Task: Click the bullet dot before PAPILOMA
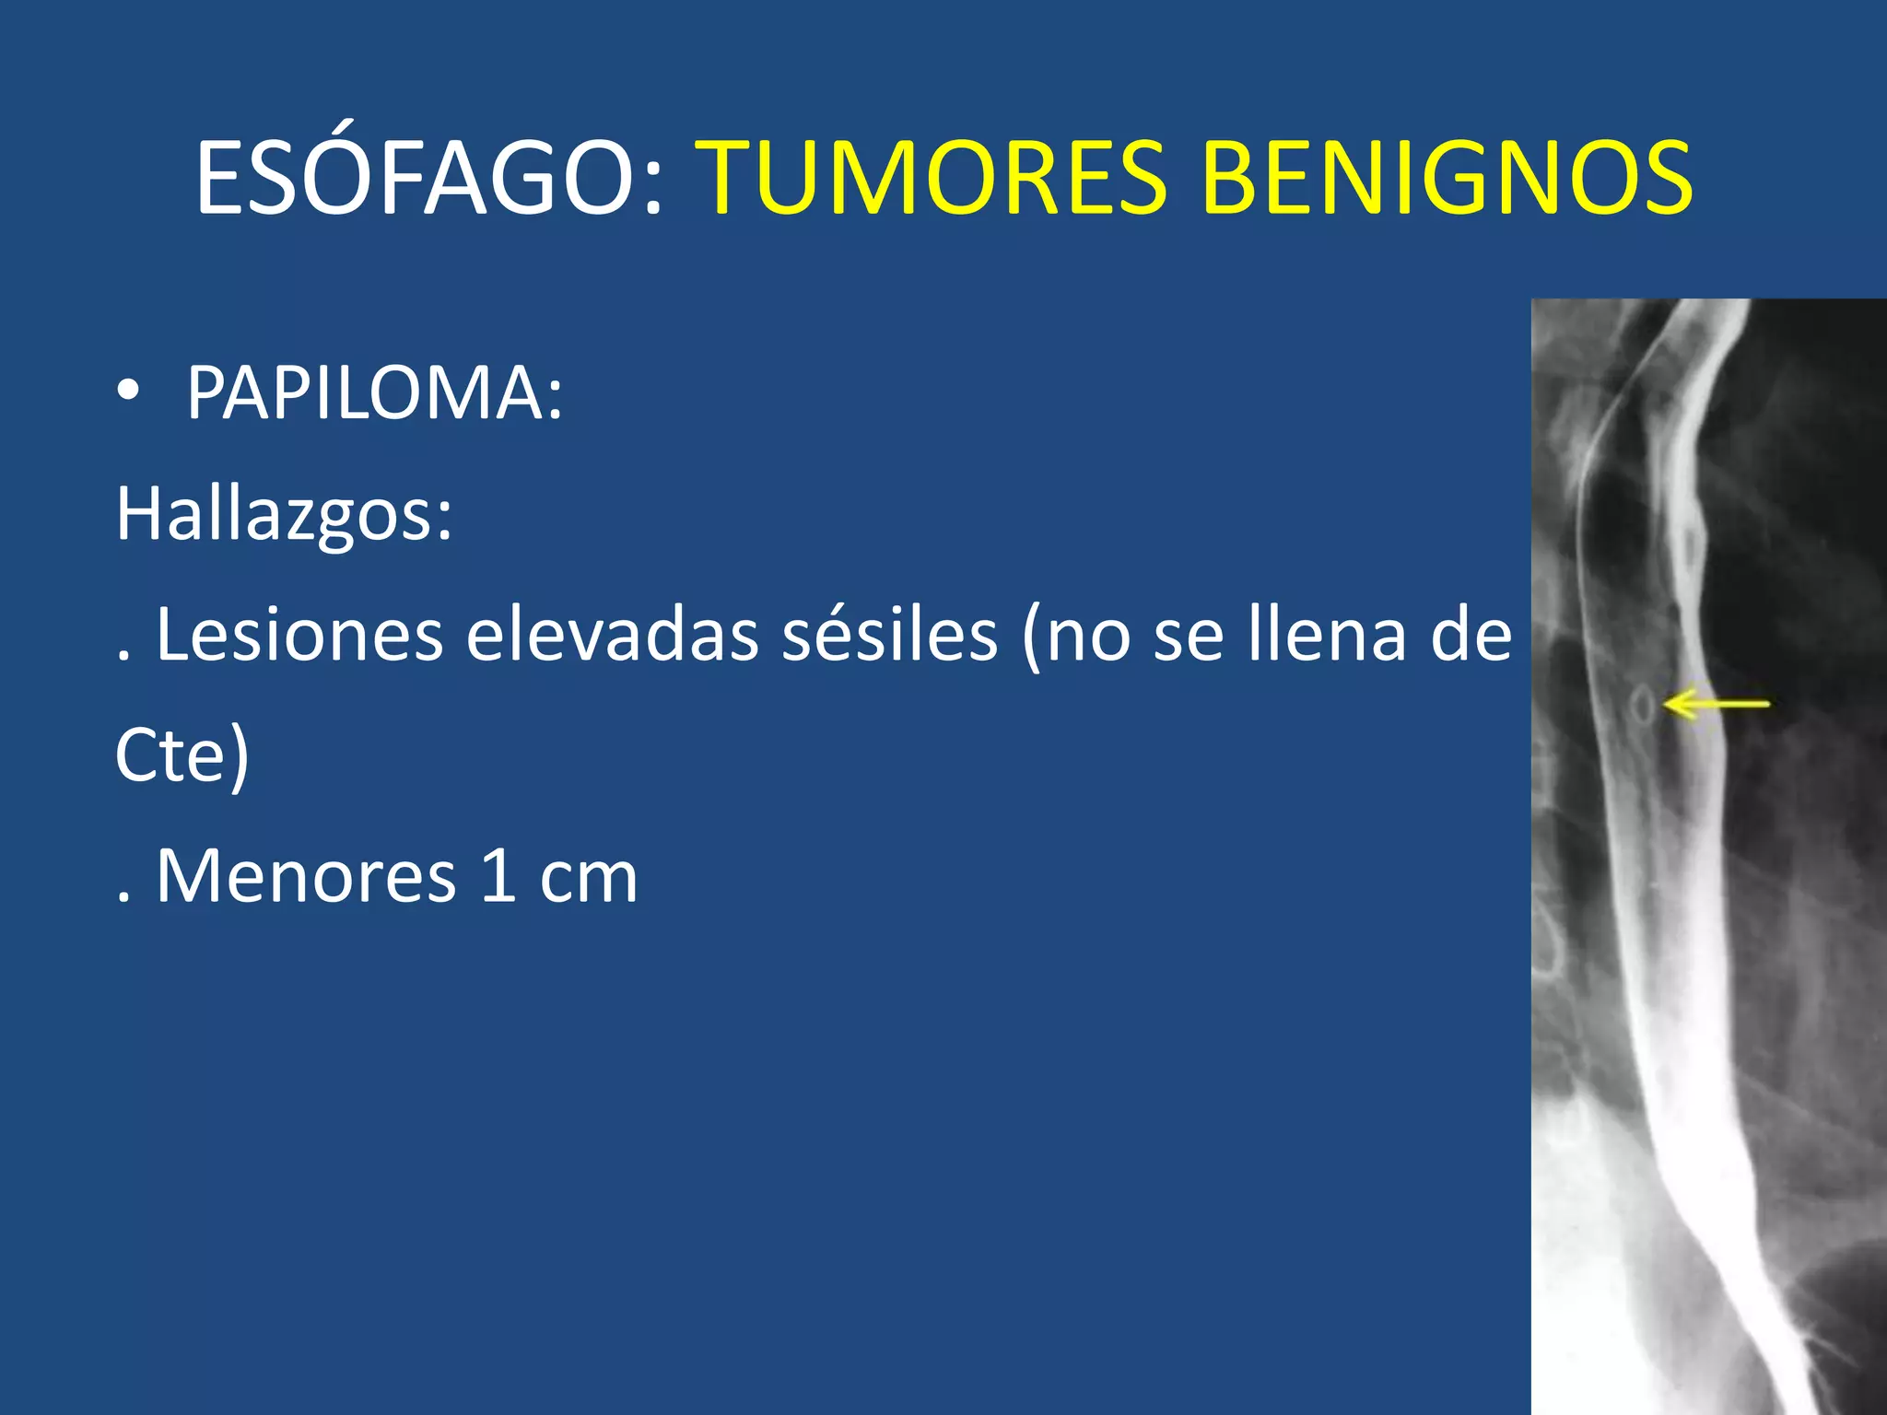click(129, 392)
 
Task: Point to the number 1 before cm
click(498, 877)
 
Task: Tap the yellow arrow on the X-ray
click(1716, 705)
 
